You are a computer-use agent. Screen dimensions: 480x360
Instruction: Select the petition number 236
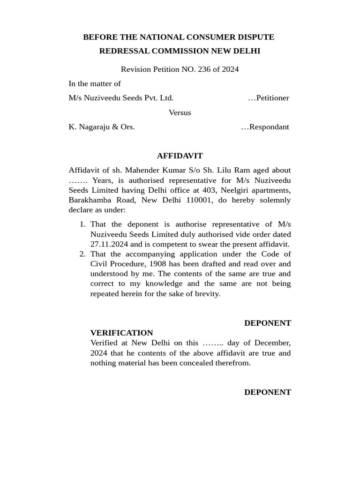click(204, 69)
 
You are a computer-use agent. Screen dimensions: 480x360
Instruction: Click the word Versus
click(180, 112)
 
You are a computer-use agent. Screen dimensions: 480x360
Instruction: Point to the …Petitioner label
click(268, 98)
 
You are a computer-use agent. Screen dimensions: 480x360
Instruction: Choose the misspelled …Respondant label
click(265, 127)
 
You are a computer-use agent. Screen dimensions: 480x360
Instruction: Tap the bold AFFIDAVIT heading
click(180, 156)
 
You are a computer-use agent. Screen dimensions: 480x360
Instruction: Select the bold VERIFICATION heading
click(121, 333)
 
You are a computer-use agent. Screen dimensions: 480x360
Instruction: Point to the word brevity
click(205, 293)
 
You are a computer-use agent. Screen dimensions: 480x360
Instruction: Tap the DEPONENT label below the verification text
click(267, 392)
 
